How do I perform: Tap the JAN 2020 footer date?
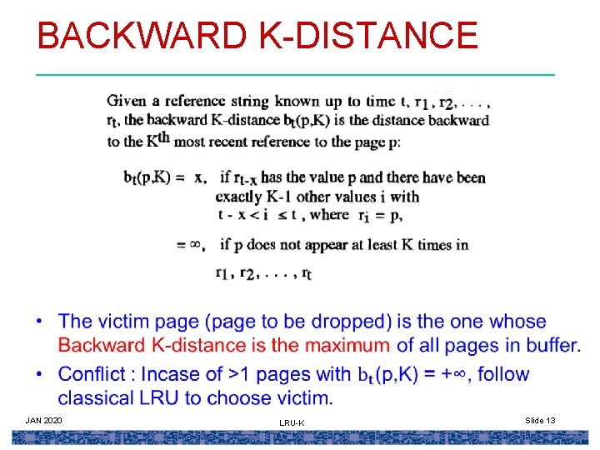coord(43,420)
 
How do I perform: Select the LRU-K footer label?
coord(292,423)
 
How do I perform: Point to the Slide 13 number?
coord(540,420)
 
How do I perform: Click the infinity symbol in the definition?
coord(197,245)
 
